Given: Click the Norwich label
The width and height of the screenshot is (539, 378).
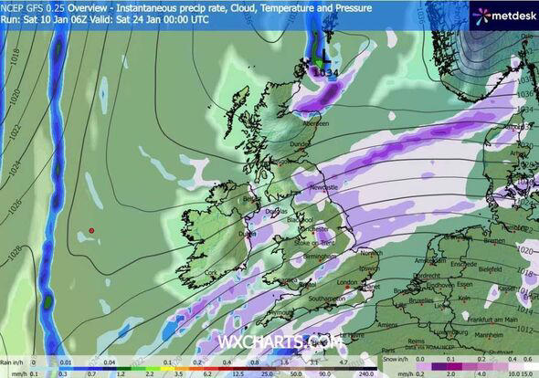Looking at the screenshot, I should pyautogui.click(x=370, y=253).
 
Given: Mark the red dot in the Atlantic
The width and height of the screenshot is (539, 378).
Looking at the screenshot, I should pyautogui.click(x=91, y=230).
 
